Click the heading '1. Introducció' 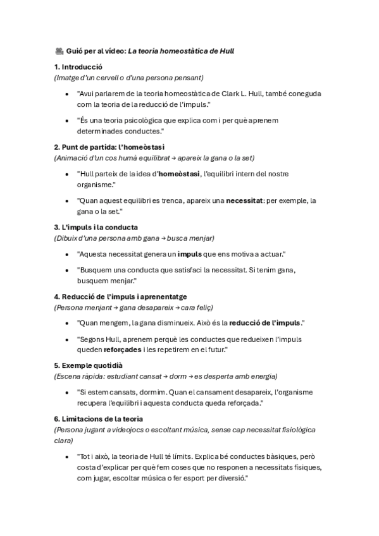click(x=78, y=66)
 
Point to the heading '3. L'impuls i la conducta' click(x=96, y=227)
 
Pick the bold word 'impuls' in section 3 click(x=190, y=253)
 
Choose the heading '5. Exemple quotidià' click(x=88, y=365)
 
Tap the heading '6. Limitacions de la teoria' click(x=98, y=418)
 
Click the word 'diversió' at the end click(x=226, y=478)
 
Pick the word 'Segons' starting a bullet click(x=92, y=339)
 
